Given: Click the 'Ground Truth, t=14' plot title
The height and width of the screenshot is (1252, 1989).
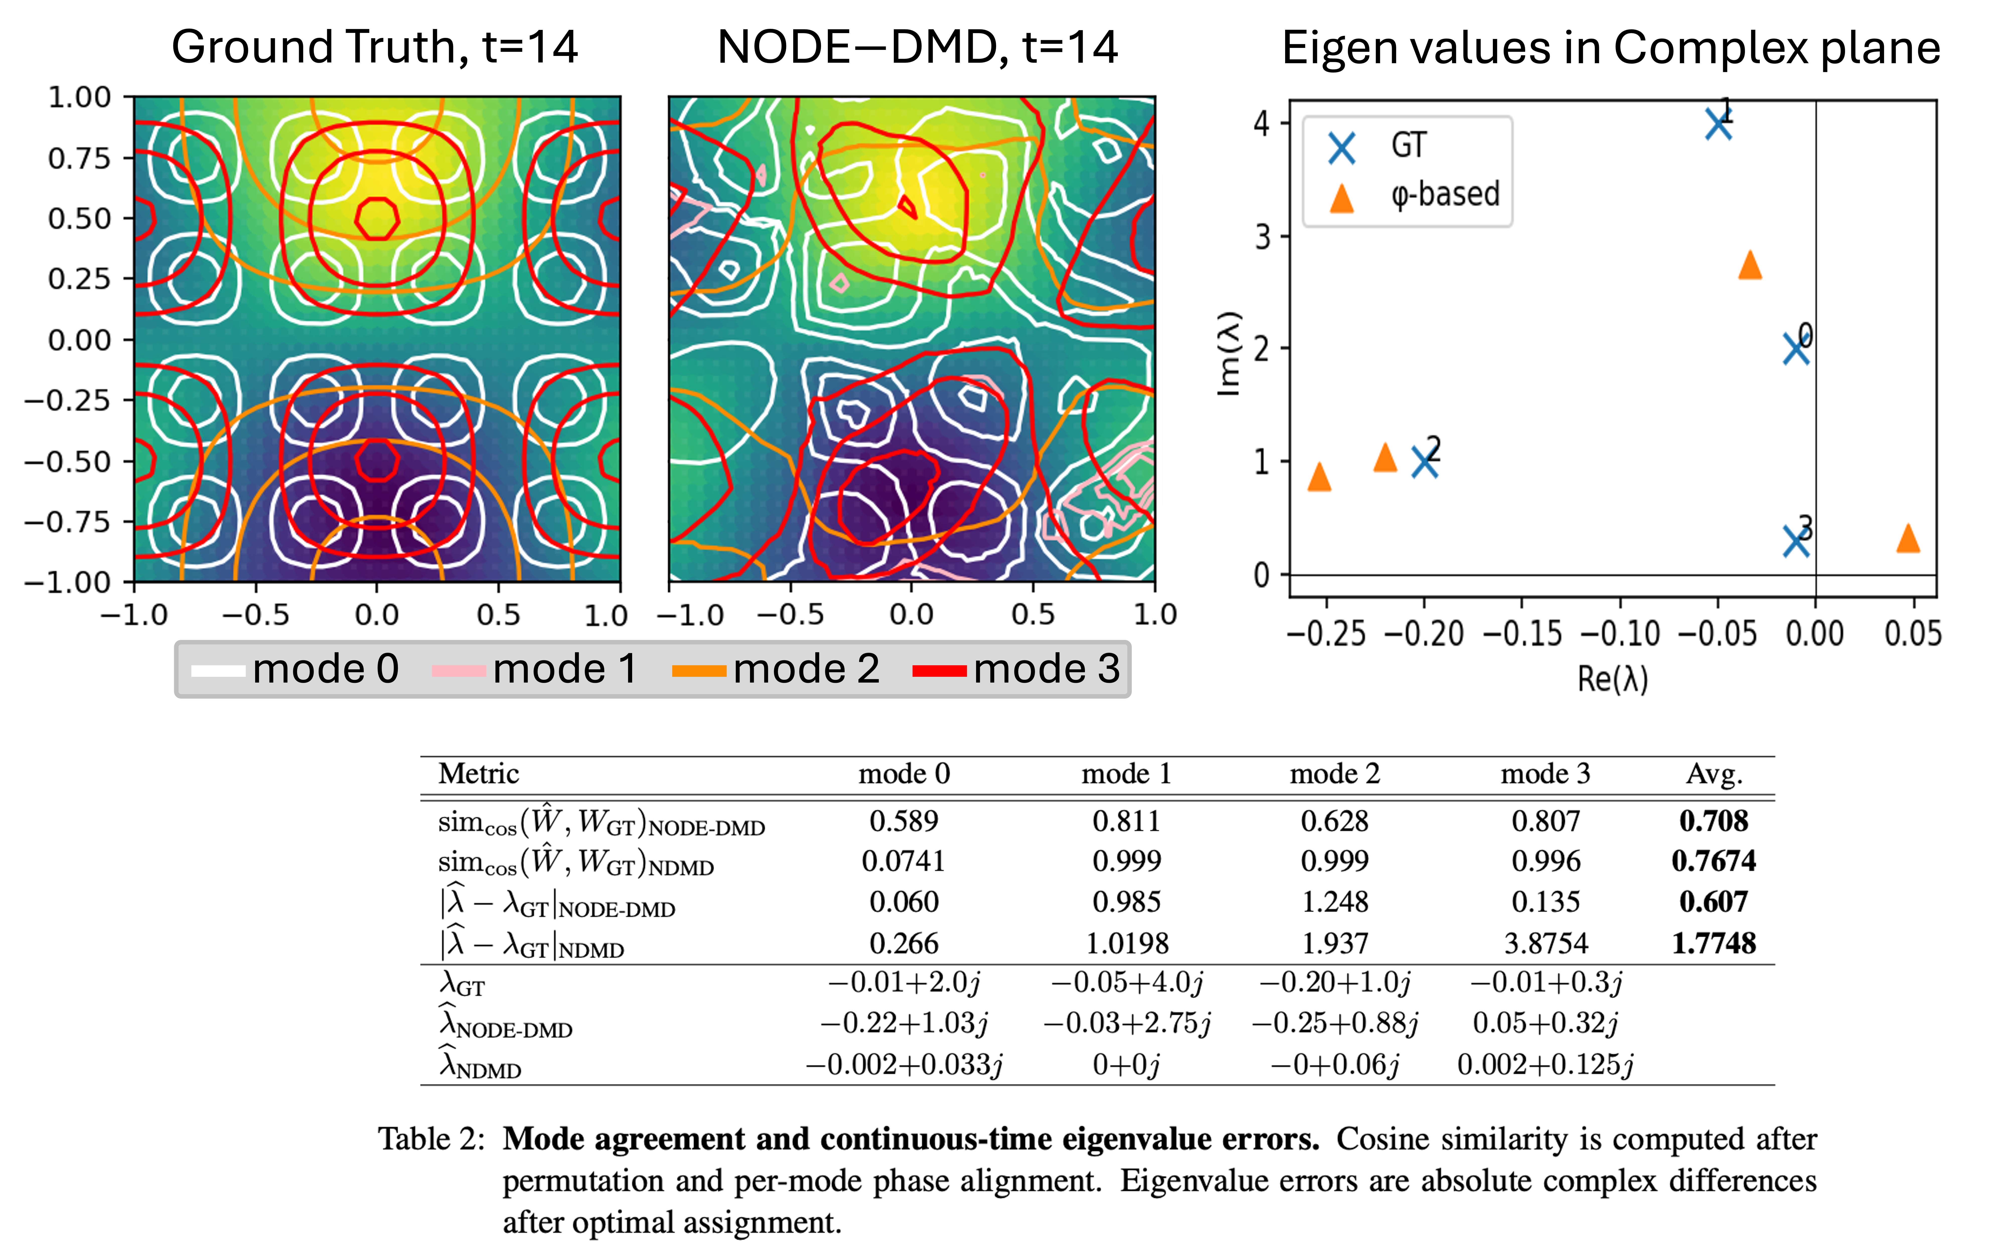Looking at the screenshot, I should tap(374, 47).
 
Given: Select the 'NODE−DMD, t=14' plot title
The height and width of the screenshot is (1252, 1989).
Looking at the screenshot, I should tap(917, 47).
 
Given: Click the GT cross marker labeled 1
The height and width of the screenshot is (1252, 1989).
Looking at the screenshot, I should tap(1718, 125).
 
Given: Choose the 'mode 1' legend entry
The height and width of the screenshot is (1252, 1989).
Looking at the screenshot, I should tap(535, 669).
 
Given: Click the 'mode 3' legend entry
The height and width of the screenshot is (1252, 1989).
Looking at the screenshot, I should tap(1018, 669).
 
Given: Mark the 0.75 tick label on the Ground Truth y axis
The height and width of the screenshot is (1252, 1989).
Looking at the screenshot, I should tap(79, 158).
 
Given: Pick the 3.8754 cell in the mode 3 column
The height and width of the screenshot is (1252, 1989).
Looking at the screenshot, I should tap(1545, 943).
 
